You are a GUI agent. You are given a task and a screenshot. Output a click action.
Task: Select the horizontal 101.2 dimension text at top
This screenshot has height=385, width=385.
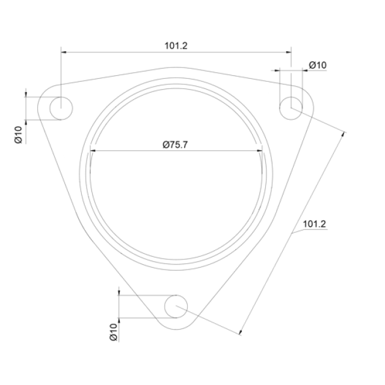click(x=176, y=46)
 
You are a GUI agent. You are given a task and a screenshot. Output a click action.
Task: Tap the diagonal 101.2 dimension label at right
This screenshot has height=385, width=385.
click(x=314, y=224)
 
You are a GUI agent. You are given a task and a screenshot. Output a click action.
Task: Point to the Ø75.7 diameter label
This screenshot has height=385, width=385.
click(x=175, y=144)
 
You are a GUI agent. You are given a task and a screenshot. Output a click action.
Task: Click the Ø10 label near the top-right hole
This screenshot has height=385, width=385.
click(x=318, y=65)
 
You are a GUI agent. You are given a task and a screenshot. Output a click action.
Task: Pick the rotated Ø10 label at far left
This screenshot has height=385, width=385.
click(x=19, y=135)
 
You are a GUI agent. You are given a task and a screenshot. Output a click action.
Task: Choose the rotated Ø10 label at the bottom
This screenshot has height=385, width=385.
click(x=114, y=332)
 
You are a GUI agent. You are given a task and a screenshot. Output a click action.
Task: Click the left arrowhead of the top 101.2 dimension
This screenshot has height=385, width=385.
click(x=64, y=52)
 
